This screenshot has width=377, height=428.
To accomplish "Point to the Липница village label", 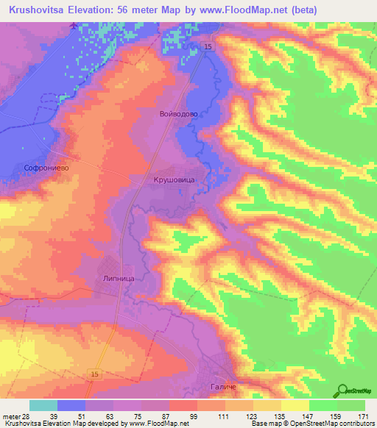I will click(x=120, y=279).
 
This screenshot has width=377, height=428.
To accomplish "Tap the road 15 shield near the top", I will click(x=208, y=47).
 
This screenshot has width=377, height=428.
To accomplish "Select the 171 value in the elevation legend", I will click(x=362, y=416).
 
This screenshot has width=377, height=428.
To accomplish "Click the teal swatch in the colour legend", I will click(x=43, y=405).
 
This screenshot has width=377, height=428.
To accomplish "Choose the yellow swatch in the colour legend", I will click(x=295, y=405).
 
